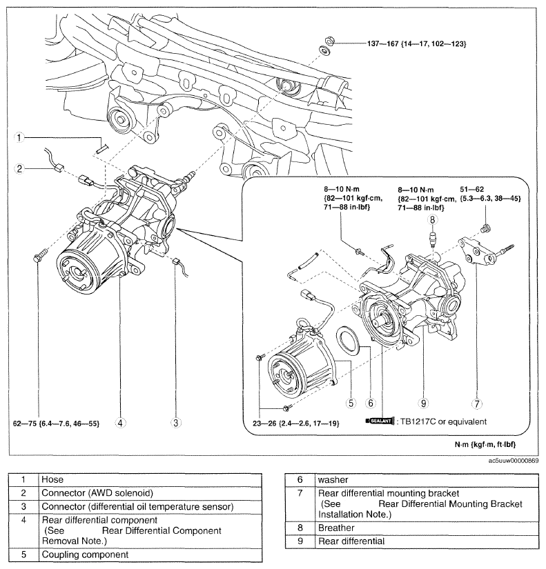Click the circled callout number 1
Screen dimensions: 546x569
19,137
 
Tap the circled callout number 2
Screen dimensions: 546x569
19,168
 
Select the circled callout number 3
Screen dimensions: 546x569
176,423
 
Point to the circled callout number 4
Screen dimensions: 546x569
120,423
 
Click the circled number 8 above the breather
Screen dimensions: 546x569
432,219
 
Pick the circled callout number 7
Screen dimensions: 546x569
476,403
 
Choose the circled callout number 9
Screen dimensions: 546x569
423,403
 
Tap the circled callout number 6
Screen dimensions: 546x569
370,403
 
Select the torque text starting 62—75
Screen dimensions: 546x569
56,423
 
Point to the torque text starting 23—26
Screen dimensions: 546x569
295,423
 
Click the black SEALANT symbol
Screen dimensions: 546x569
380,421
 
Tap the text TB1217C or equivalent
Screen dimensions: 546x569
443,421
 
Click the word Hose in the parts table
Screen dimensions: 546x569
52,480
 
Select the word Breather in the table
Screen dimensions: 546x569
336,528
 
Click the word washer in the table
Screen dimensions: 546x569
333,480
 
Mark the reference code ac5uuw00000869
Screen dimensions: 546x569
514,461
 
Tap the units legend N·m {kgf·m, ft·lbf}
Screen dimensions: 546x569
485,445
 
